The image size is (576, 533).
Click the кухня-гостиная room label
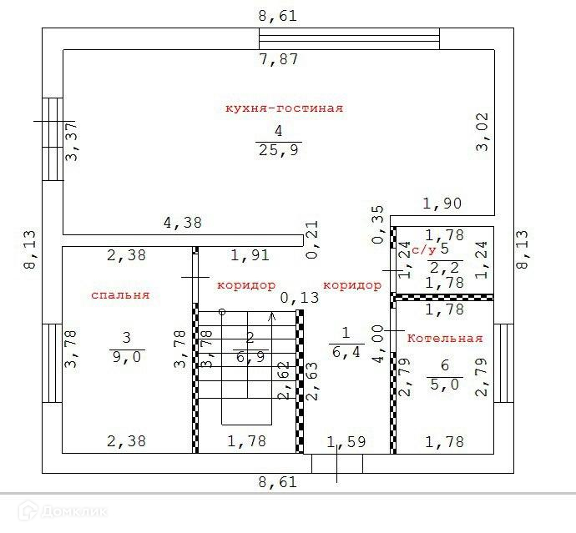pos(284,108)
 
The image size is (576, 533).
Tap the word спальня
pos(120,295)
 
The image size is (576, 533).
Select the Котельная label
pos(445,339)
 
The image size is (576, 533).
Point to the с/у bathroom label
pos(424,249)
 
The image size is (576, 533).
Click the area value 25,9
pos(278,150)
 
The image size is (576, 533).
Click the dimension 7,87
pos(278,59)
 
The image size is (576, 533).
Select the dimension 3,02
pos(482,133)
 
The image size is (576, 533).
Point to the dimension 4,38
pos(182,224)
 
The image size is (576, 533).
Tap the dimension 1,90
pos(442,204)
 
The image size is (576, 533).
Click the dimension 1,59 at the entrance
pos(346,442)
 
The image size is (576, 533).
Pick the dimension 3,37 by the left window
pos(73,142)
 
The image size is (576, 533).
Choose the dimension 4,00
pos(377,343)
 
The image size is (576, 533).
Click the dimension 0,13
pos(300,298)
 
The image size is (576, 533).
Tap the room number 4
pos(278,131)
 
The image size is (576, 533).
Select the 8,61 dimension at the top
pos(278,15)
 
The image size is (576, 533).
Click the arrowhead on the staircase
pos(270,316)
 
